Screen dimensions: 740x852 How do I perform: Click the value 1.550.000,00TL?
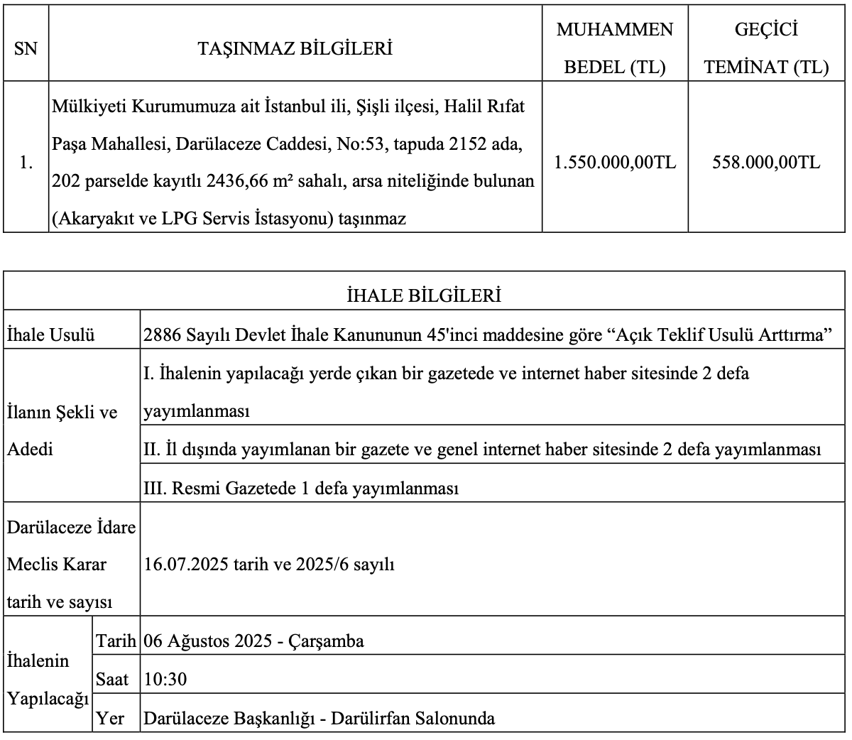pyautogui.click(x=615, y=163)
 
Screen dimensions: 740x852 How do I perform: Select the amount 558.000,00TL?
pyautogui.click(x=765, y=163)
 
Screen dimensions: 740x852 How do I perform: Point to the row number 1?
pyautogui.click(x=26, y=163)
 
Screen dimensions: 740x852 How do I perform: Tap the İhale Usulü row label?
pyautogui.click(x=50, y=334)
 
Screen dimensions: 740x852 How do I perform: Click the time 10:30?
pyautogui.click(x=165, y=680)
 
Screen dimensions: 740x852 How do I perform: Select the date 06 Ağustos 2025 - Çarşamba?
pyautogui.click(x=253, y=641)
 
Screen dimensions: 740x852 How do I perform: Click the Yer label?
pyautogui.click(x=110, y=718)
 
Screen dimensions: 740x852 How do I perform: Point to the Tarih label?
pyautogui.click(x=116, y=641)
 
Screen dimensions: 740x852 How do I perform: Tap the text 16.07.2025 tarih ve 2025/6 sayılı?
pyautogui.click(x=269, y=565)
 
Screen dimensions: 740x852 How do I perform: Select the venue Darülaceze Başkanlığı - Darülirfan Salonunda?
pyautogui.click(x=319, y=718)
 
